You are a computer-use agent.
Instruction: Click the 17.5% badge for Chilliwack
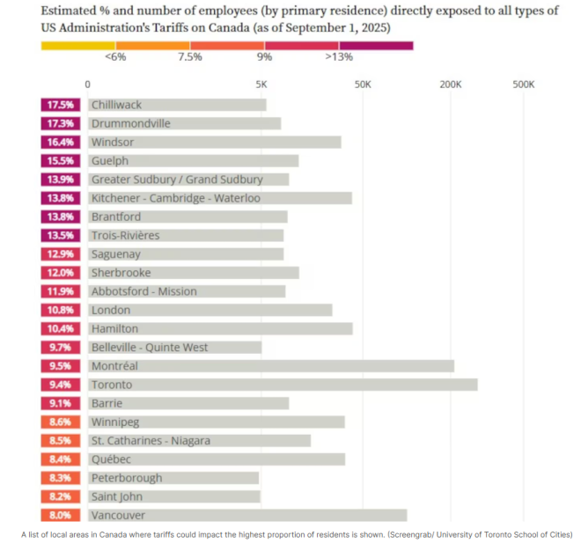[x=60, y=105]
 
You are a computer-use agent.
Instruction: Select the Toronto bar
[x=282, y=385]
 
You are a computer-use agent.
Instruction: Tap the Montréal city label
[x=114, y=366]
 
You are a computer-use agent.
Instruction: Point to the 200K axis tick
[x=450, y=84]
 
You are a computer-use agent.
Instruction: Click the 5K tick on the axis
[x=261, y=84]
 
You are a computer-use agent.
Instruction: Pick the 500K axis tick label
[x=523, y=84]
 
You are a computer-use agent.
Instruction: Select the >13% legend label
[x=339, y=57]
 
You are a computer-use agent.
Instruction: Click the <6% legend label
[x=115, y=57]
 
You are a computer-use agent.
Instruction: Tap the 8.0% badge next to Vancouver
[x=60, y=516]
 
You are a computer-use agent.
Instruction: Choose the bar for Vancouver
[x=246, y=516]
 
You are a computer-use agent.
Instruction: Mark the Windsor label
[x=111, y=142]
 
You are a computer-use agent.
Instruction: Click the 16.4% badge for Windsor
[x=60, y=142]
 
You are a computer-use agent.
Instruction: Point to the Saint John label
[x=117, y=496]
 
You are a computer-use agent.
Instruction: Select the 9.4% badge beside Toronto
[x=60, y=385]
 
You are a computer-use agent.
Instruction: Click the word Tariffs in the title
[x=200, y=27]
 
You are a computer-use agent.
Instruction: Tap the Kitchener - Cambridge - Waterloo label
[x=175, y=198]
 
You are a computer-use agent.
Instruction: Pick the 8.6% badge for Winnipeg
[x=60, y=422]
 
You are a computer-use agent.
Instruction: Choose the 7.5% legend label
[x=190, y=57]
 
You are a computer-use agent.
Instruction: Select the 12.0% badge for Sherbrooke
[x=60, y=273]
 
